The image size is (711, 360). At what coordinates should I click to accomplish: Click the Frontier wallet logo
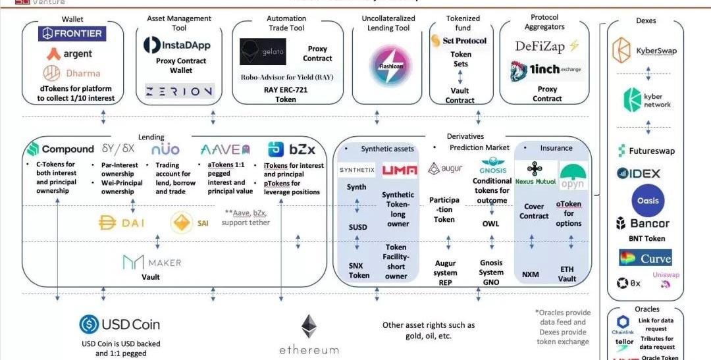[x=72, y=34]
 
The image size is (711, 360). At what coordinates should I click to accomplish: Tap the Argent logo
[x=69, y=53]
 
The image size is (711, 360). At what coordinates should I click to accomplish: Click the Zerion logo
[x=179, y=91]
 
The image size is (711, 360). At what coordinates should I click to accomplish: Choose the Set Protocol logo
[x=460, y=41]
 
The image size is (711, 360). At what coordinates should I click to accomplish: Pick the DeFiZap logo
[x=546, y=45]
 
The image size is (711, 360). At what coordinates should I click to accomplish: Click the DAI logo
[x=122, y=223]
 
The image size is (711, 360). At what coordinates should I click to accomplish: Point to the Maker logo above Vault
[x=152, y=262]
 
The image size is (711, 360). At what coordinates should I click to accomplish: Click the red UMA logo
[x=400, y=170]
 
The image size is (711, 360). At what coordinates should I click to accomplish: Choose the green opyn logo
[x=572, y=176]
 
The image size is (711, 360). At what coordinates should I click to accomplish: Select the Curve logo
[x=645, y=258]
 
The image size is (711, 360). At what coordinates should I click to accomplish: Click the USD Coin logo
[x=120, y=324]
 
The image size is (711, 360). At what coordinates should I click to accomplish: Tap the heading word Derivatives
[x=465, y=136]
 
